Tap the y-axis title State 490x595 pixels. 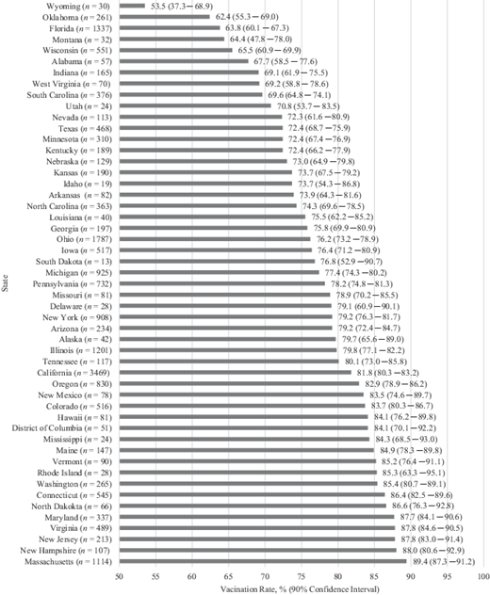(x=7, y=282)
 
